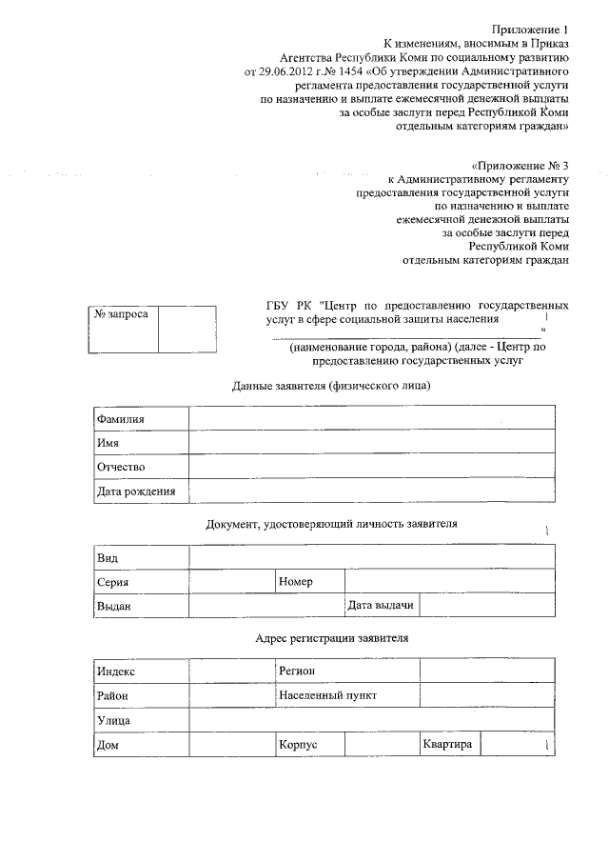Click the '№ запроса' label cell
tap(119, 314)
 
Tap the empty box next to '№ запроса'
tap(187, 328)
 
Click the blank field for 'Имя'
tap(371, 443)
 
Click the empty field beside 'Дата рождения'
tap(371, 491)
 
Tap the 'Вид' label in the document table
tap(107, 556)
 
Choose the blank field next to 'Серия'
tap(231, 581)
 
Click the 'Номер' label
tap(297, 581)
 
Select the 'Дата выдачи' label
tap(381, 605)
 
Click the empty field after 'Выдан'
tap(265, 605)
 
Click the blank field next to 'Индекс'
tap(231, 672)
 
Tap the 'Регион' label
tap(297, 672)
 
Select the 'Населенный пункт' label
tap(327, 695)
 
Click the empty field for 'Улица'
tap(371, 721)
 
